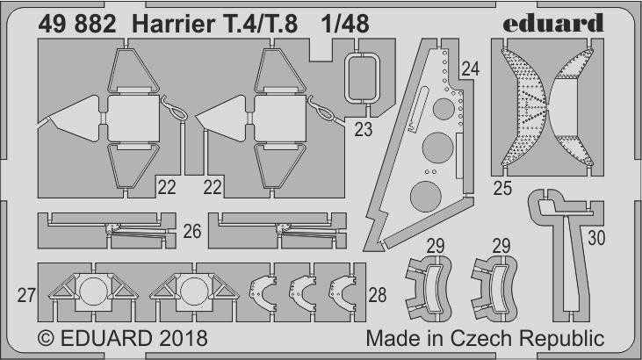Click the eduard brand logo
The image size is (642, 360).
(x=552, y=23)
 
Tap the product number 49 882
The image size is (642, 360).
(x=77, y=25)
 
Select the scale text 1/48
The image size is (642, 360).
(x=345, y=25)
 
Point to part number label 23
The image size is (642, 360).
(x=364, y=130)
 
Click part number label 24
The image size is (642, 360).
(x=471, y=68)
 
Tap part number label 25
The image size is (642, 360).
(x=502, y=188)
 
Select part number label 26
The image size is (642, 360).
(x=192, y=232)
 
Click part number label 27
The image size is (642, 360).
(x=26, y=295)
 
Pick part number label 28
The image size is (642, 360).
(x=377, y=295)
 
